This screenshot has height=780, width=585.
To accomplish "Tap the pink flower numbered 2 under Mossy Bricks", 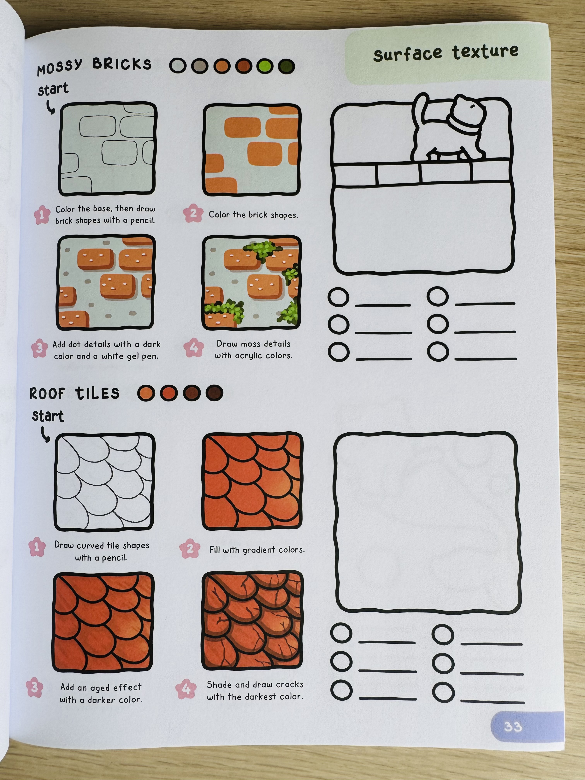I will pyautogui.click(x=193, y=213).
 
